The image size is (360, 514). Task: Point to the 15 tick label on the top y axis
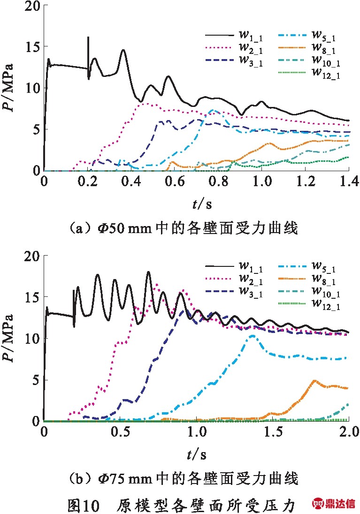coord(32,46)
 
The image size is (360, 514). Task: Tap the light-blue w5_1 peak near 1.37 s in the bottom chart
coord(252,336)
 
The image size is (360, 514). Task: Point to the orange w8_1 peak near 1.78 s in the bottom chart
coord(314,380)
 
